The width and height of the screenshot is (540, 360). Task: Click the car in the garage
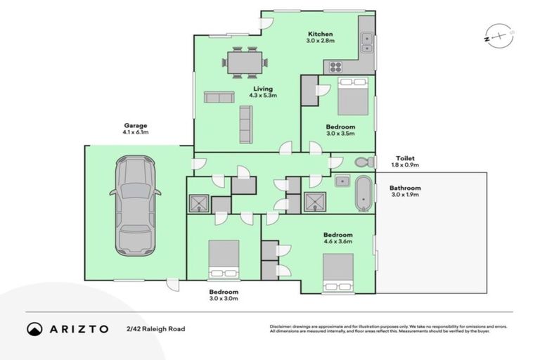coord(135,207)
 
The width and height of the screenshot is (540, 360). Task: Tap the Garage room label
coord(136,126)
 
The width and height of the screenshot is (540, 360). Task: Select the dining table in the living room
coord(245,62)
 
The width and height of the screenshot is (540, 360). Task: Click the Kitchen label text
coord(320,34)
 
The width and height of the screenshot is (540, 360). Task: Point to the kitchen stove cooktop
coord(335,67)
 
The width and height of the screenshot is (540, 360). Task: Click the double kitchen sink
coord(367,43)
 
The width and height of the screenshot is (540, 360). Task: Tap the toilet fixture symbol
coord(364,161)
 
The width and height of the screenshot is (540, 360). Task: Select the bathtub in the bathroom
coord(364,193)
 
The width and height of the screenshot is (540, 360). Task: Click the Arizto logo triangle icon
coord(34,329)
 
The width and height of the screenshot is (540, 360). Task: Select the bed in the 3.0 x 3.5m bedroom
coord(352,96)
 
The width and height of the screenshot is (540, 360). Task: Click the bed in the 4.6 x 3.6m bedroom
coord(337,272)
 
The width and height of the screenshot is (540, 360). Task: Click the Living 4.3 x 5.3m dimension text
coord(263,95)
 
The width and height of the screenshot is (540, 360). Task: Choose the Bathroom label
coord(405,188)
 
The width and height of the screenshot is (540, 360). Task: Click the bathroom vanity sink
coord(342,181)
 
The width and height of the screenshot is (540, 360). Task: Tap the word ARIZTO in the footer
coord(78,329)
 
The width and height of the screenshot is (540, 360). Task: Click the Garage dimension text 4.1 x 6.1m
coord(136,132)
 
